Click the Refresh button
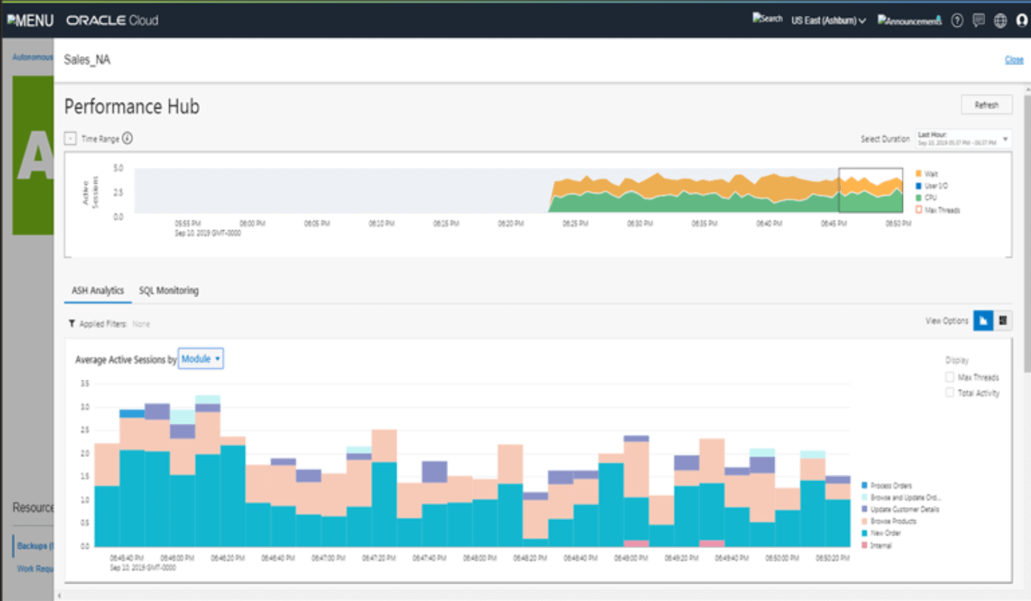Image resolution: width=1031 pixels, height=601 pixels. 986,105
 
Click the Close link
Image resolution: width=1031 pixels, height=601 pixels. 1014,60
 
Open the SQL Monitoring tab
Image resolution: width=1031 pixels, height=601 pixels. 168,291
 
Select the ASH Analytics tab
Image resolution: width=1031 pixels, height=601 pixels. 98,291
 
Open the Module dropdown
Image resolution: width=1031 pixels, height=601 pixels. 201,359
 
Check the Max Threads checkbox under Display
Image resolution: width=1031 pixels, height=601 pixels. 950,378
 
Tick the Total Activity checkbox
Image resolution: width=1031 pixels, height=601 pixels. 950,393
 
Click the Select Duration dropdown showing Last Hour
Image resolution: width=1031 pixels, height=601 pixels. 963,138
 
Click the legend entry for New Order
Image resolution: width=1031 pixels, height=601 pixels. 886,533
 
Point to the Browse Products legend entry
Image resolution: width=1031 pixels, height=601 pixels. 893,521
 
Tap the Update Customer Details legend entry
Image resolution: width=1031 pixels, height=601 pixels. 904,509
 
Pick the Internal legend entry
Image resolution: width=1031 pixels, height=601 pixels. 881,545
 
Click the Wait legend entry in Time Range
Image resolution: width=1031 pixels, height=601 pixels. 931,174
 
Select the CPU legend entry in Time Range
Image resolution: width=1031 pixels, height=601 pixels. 930,197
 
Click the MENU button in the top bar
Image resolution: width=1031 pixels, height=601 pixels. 30,20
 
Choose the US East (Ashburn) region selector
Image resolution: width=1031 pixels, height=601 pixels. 829,20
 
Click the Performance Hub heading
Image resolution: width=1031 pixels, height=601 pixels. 132,107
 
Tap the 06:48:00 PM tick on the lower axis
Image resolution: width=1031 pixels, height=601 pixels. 474,559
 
